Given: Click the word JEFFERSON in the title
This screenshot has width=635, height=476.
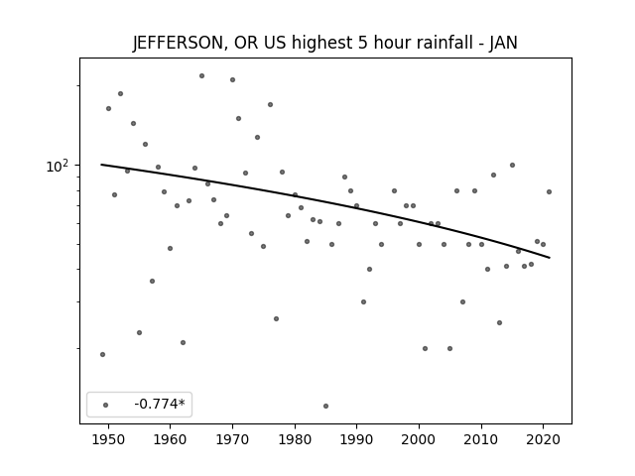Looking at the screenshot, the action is pyautogui.click(x=178, y=43).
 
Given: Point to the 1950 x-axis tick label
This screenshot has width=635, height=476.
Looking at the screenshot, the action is pyautogui.click(x=108, y=439).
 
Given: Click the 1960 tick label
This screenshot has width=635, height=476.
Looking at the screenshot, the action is pyautogui.click(x=170, y=439).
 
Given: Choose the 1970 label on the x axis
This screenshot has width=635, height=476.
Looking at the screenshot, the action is pyautogui.click(x=232, y=439).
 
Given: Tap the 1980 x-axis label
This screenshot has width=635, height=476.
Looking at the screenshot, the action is pyautogui.click(x=295, y=439).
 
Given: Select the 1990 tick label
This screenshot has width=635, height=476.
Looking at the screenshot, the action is pyautogui.click(x=357, y=439).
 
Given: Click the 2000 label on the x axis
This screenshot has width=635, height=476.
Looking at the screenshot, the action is pyautogui.click(x=419, y=439).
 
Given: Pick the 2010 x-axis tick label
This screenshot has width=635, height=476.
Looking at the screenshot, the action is pyautogui.click(x=481, y=439).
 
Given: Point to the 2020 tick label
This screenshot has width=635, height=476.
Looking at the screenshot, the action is pyautogui.click(x=544, y=439).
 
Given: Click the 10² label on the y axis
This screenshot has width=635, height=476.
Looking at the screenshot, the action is pyautogui.click(x=58, y=166).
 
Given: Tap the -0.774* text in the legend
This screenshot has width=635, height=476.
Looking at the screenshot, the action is pyautogui.click(x=160, y=404).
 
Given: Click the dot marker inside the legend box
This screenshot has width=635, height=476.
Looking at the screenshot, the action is pyautogui.click(x=106, y=405).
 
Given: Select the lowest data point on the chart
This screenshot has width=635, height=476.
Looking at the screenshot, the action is pyautogui.click(x=326, y=406).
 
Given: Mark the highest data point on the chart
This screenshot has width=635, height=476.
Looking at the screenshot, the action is pyautogui.click(x=201, y=75).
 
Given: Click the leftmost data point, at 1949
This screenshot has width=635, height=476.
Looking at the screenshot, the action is pyautogui.click(x=102, y=355).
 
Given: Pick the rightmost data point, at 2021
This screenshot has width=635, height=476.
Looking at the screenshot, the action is pyautogui.click(x=549, y=191).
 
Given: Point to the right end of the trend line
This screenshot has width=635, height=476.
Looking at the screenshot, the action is pyautogui.click(x=550, y=258).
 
